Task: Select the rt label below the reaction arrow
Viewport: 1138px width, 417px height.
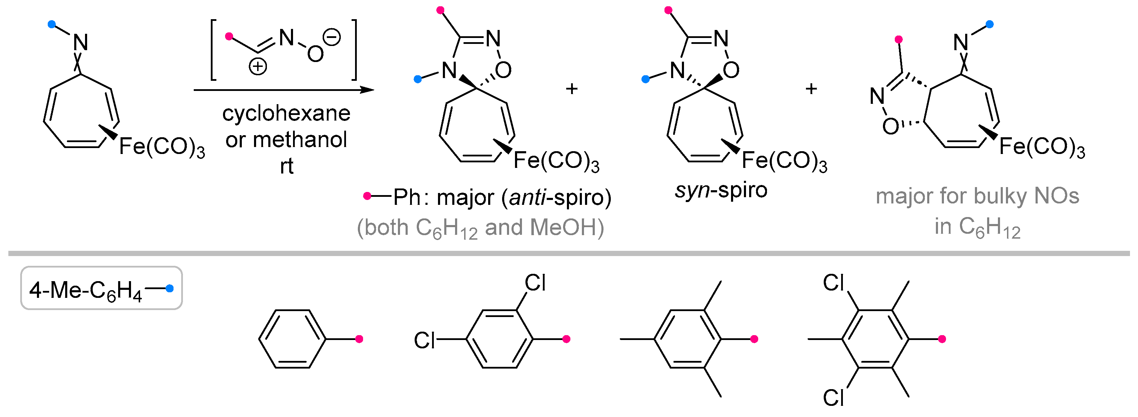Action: click(x=286, y=167)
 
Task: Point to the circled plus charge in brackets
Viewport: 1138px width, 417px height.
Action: click(x=257, y=67)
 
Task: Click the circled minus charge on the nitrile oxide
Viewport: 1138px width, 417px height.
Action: click(x=331, y=37)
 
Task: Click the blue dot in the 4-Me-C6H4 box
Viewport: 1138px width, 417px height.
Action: click(x=169, y=288)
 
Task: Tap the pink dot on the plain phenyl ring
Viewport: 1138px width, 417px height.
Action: click(x=359, y=339)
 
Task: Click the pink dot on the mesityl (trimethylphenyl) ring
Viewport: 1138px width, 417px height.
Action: click(x=754, y=339)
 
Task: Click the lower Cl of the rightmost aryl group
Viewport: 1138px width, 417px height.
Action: click(x=833, y=397)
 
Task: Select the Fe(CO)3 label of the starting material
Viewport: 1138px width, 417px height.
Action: click(x=162, y=146)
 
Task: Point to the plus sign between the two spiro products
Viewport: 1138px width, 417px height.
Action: click(x=572, y=89)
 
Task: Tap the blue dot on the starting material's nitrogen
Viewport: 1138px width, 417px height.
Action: click(x=52, y=24)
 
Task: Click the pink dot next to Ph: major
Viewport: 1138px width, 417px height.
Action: click(x=367, y=196)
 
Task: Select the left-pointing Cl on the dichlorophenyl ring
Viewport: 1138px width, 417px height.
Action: click(x=424, y=340)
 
